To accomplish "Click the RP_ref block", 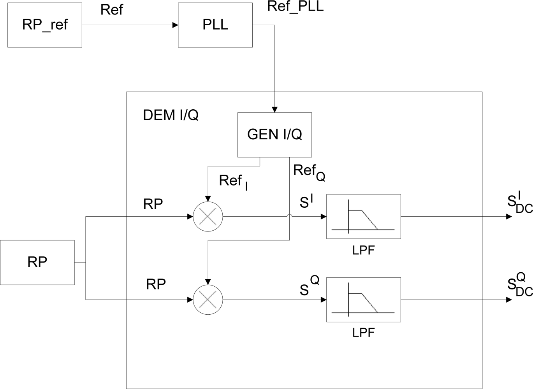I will [x=45, y=25].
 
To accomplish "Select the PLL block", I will [x=215, y=25].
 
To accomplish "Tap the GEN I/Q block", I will [x=274, y=135].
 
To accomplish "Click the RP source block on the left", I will [x=37, y=262].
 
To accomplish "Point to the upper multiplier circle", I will [x=208, y=217].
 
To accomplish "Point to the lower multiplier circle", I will [x=208, y=300].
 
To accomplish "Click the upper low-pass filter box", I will [x=363, y=216].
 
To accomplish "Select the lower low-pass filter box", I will [x=363, y=300].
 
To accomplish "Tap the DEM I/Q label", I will [x=171, y=115].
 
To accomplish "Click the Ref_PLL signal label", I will [x=295, y=7].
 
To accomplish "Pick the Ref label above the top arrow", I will [x=111, y=10].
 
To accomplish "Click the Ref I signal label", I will [x=233, y=182].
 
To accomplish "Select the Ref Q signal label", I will [x=309, y=172].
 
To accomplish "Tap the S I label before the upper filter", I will [x=306, y=202].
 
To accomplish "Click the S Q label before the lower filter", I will [x=309, y=286].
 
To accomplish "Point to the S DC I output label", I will [x=519, y=203].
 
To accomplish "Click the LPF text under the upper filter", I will [x=363, y=250].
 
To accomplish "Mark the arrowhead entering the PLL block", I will [x=175, y=25].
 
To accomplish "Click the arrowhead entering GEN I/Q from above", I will [x=274, y=110].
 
